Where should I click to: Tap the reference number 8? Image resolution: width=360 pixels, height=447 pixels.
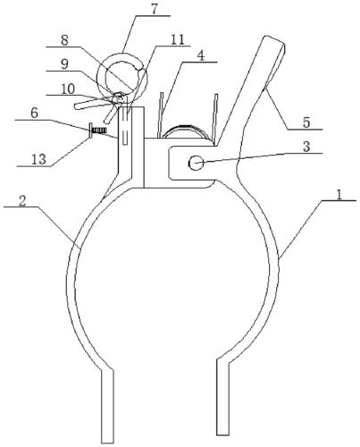tap(64, 40)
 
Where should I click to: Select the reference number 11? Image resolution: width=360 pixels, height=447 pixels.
tap(178, 39)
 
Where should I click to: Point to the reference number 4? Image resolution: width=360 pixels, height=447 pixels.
tap(202, 55)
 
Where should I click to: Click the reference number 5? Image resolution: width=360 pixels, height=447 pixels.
tap(306, 122)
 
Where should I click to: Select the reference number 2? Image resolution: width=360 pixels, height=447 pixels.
tap(22, 200)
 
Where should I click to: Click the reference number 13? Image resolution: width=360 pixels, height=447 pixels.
tap(39, 159)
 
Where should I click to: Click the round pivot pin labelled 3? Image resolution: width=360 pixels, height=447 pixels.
tap(196, 164)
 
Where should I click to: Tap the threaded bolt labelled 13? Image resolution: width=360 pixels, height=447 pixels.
tap(97, 131)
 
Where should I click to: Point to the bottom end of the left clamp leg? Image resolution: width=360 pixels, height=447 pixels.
tap(107, 442)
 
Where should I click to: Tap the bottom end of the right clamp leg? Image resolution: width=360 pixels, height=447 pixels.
tap(222, 434)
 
